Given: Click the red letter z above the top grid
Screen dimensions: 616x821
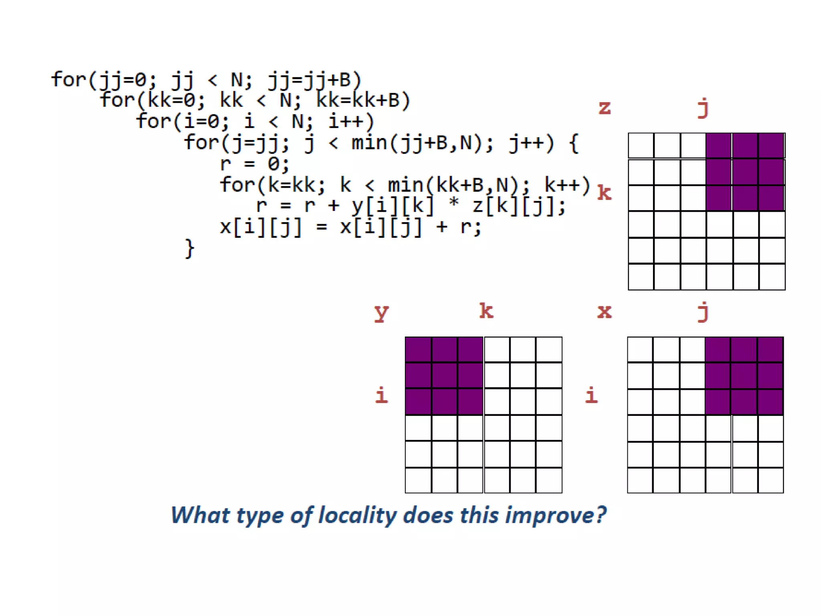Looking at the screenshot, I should (x=605, y=107).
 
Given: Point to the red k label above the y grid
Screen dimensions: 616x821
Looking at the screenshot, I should (x=486, y=311).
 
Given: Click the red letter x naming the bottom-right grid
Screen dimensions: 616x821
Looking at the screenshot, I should (x=605, y=312).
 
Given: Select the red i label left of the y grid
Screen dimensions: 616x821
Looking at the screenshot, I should (x=381, y=395).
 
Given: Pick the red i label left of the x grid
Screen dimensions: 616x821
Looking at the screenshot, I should (x=592, y=395).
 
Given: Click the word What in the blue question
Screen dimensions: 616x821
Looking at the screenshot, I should (x=200, y=515).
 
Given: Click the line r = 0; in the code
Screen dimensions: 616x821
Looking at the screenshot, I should (x=254, y=164).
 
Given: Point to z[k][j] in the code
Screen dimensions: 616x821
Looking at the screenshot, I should (x=519, y=206).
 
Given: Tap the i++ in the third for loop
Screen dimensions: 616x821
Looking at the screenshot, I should (x=351, y=122).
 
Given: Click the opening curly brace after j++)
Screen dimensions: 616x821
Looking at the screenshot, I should (x=574, y=143).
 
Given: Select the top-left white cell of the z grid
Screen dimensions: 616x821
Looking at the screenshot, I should (x=641, y=146).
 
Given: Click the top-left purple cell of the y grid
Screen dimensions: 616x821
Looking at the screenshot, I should (x=418, y=350).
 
